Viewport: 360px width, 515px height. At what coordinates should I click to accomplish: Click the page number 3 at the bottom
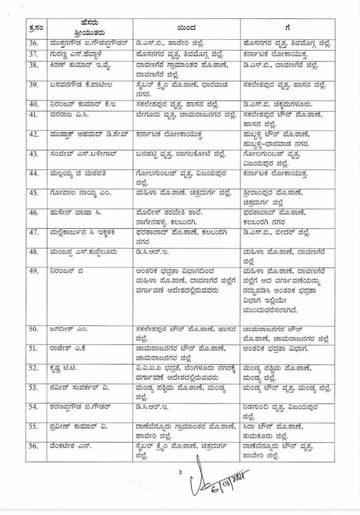[x=179, y=472]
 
